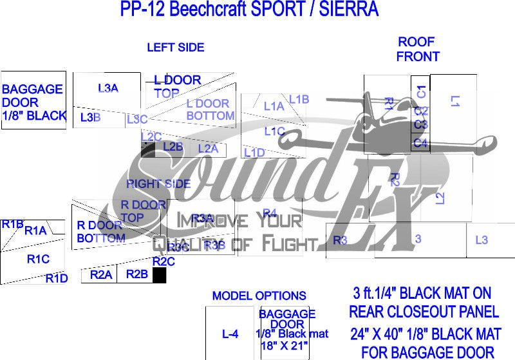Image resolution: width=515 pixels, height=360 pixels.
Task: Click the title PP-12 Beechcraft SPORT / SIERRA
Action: pos(249,10)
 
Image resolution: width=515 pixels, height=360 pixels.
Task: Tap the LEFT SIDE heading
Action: pos(175,47)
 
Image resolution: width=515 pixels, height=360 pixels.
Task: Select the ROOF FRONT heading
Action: pos(417,49)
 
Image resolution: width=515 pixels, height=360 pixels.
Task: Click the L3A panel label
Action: pos(108,88)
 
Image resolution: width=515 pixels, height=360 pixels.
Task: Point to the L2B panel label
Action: pos(173,146)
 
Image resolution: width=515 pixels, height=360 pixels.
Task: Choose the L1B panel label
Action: pos(299,99)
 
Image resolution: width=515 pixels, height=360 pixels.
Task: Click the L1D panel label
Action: pos(254,152)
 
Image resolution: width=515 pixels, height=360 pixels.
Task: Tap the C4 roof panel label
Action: pos(420,143)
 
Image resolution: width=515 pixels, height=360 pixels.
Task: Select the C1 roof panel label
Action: pos(421,91)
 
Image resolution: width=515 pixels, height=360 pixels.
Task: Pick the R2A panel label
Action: pos(101,275)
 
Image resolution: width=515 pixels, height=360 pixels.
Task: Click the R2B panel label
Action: pos(136,274)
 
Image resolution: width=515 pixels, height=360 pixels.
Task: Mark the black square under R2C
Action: pos(159,276)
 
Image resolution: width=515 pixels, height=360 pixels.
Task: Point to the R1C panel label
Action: pos(38,259)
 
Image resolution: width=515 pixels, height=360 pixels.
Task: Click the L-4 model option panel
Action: pos(230,334)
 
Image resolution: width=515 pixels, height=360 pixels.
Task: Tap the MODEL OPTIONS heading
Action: pos(259,296)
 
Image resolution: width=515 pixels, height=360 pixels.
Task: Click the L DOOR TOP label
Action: pos(178,86)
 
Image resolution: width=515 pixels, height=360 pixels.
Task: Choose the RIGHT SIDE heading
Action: pos(158,184)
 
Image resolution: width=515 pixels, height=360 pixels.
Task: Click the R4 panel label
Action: pos(269,213)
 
